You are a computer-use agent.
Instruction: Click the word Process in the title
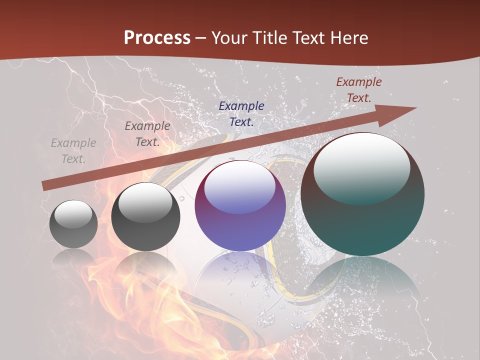(157, 38)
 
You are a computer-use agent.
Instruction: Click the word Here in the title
(349, 38)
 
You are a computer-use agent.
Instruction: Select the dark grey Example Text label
(147, 134)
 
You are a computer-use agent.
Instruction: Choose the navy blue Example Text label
(241, 113)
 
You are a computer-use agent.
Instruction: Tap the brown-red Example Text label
(359, 90)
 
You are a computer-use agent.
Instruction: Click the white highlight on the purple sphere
(240, 186)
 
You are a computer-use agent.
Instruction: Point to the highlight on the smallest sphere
(73, 213)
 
